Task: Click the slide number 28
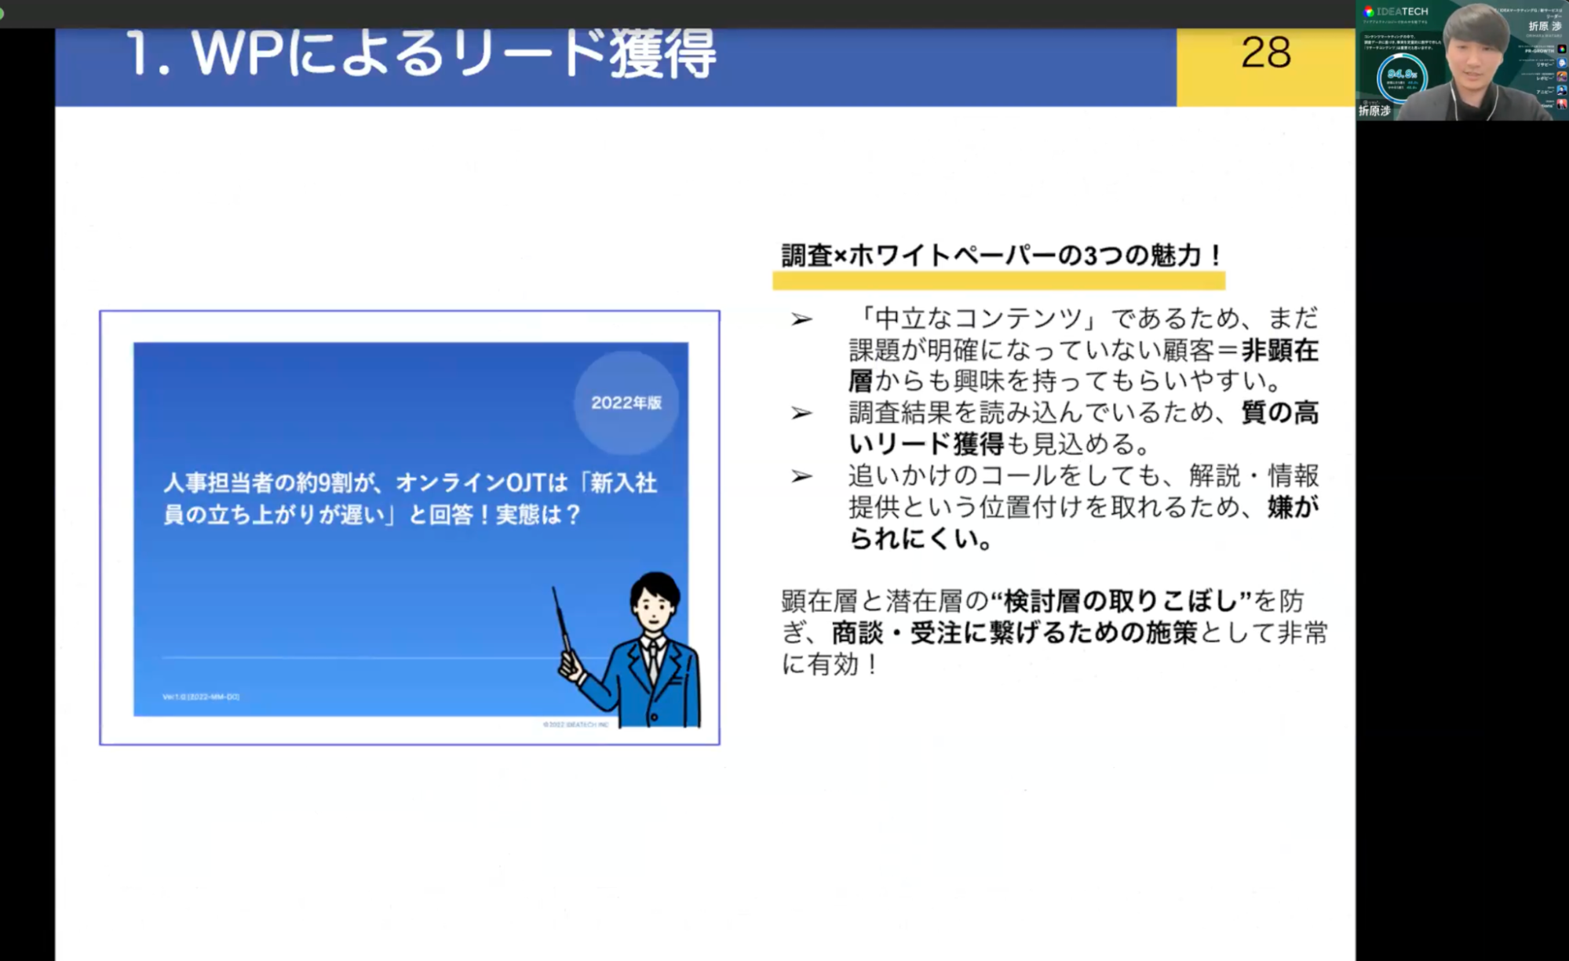tap(1265, 53)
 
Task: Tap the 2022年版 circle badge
tap(626, 402)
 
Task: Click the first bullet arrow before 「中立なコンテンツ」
tap(801, 319)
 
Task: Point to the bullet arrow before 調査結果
tap(801, 413)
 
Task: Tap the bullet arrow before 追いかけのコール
tap(801, 476)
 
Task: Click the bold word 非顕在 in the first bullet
tap(1279, 351)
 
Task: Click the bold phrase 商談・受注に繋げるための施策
tap(1014, 633)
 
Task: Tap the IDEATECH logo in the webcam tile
tap(1396, 12)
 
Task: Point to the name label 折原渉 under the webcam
tap(1374, 111)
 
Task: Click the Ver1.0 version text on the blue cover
tap(201, 697)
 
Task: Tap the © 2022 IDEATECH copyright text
tap(575, 724)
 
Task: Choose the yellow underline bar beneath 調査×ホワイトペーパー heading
tap(998, 281)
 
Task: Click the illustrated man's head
tap(654, 600)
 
